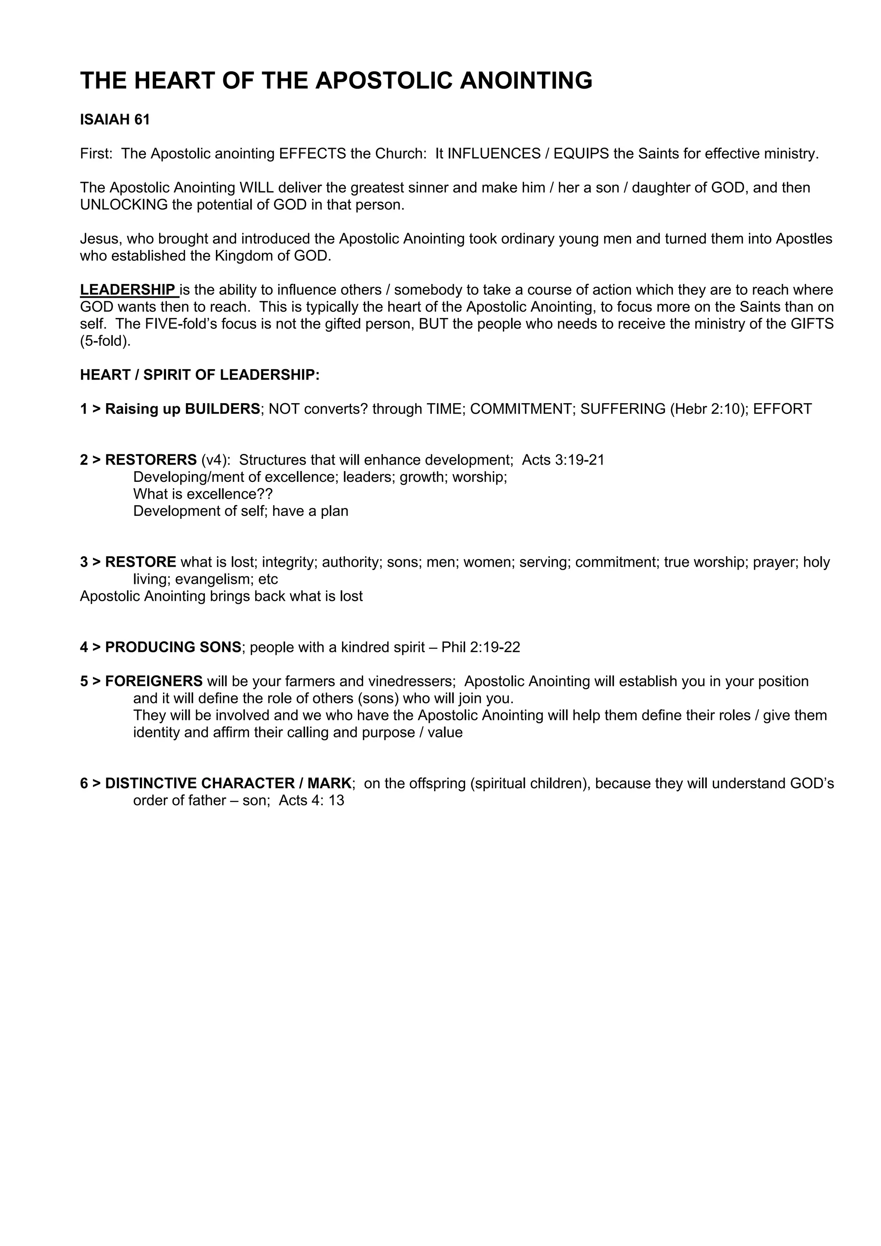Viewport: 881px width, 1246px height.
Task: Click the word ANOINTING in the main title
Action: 526,80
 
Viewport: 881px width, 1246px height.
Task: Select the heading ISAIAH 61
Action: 114,119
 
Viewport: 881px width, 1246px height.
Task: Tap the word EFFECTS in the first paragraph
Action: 312,154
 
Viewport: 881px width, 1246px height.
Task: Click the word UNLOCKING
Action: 124,205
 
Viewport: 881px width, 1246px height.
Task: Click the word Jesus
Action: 99,239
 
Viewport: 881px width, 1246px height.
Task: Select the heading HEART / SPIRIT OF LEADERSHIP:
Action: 200,375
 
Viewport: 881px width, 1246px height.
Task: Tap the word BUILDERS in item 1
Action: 222,409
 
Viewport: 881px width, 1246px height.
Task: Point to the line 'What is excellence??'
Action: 203,494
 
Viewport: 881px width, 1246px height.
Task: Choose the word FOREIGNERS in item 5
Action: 154,681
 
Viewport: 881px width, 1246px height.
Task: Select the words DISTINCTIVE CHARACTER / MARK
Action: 228,783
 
